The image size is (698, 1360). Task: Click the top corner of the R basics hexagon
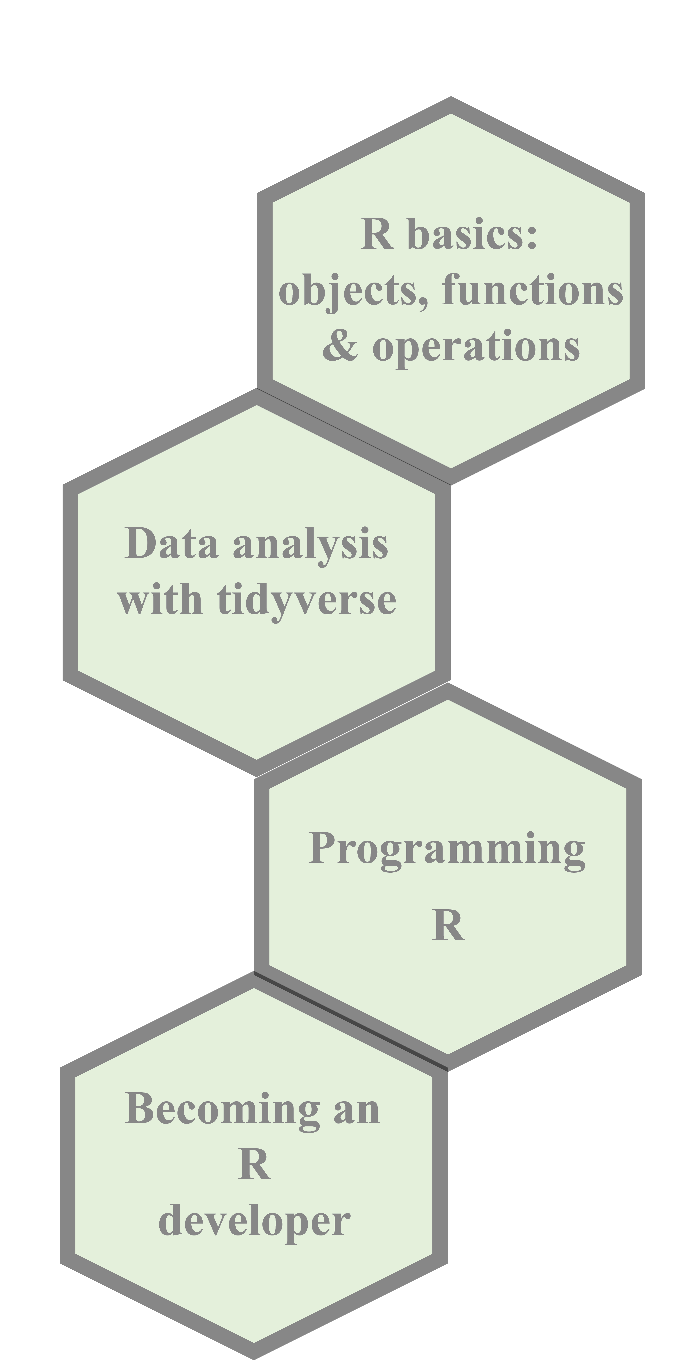[x=451, y=115]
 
